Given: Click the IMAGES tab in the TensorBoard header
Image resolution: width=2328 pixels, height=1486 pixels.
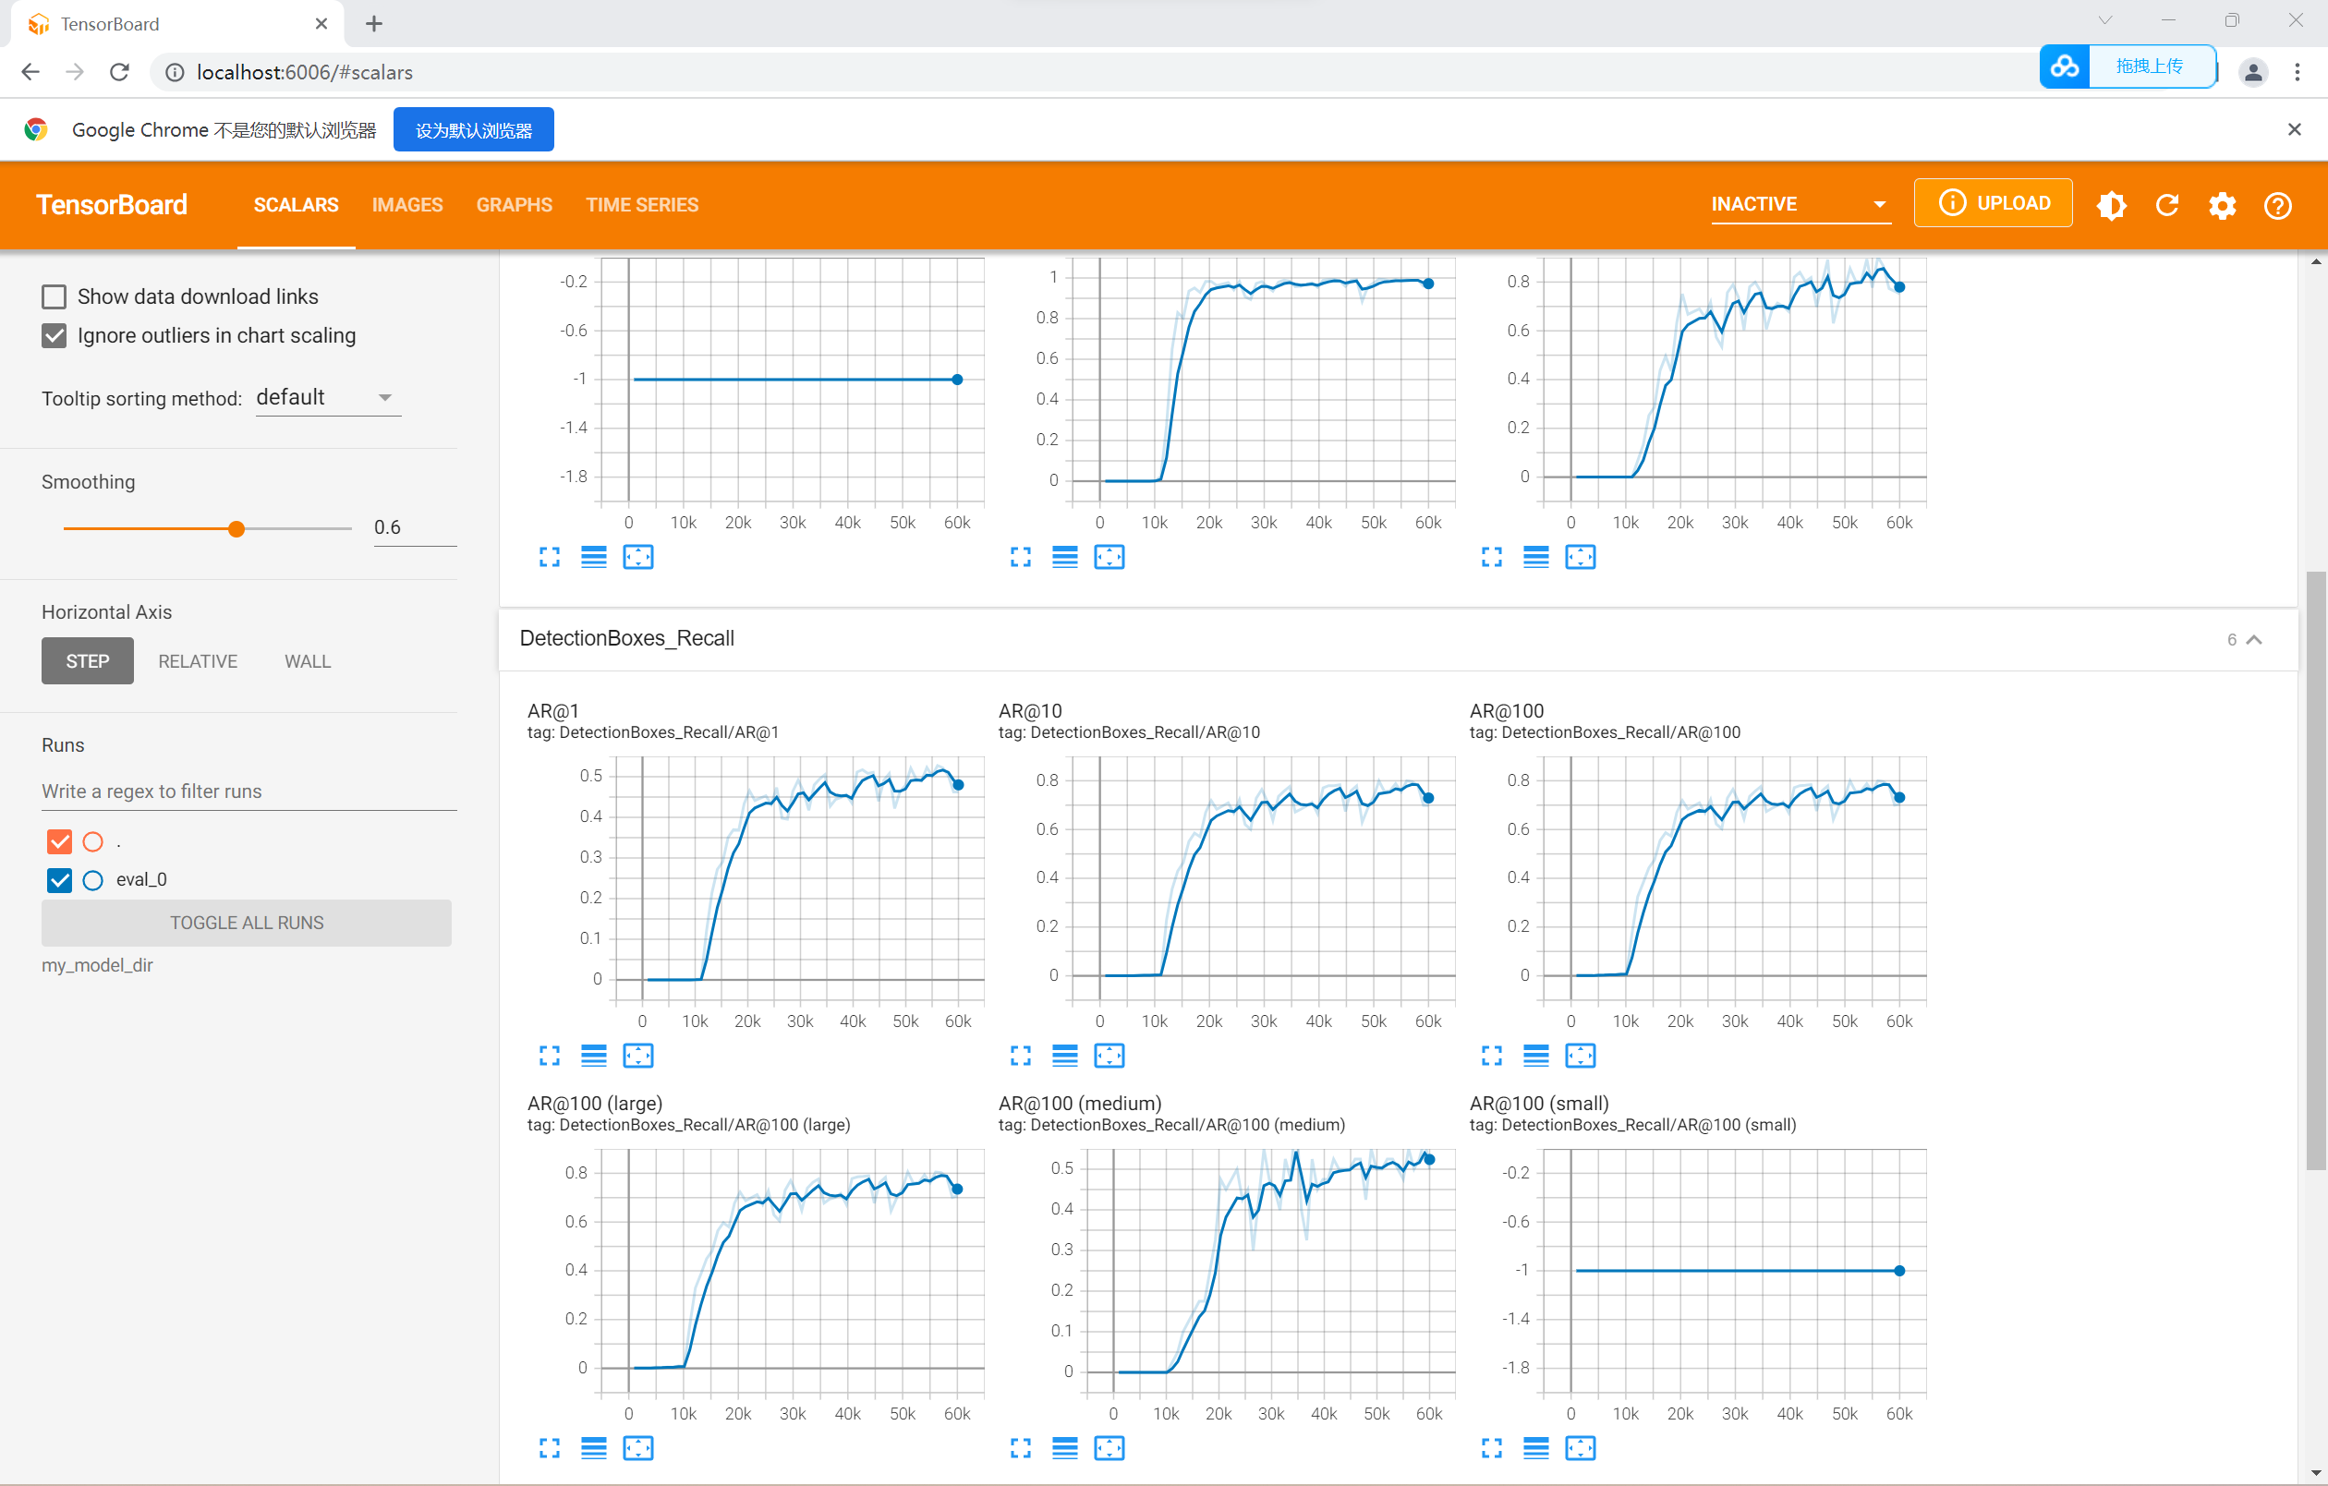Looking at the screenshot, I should click(x=407, y=205).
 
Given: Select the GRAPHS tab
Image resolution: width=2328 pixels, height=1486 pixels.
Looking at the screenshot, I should click(x=514, y=205).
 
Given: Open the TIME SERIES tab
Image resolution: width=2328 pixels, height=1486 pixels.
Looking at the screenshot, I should click(x=642, y=205).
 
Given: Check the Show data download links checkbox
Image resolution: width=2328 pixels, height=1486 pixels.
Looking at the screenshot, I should click(x=55, y=296).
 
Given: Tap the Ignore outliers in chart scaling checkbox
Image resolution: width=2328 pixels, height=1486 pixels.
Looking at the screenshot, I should click(x=55, y=335).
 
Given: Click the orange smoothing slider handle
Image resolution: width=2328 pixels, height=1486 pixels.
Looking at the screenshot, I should click(x=236, y=529).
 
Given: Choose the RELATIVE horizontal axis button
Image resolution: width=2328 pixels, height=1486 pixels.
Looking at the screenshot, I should click(x=197, y=661).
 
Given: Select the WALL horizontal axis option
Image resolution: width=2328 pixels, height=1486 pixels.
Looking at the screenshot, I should click(x=308, y=661).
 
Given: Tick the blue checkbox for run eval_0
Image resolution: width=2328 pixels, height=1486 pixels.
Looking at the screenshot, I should click(x=60, y=880).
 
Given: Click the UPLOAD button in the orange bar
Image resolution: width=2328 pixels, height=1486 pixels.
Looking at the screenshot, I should click(x=1993, y=203).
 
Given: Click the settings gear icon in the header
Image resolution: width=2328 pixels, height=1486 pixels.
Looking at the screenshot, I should click(x=2222, y=206).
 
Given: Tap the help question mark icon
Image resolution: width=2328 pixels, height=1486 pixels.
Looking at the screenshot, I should click(x=2277, y=206).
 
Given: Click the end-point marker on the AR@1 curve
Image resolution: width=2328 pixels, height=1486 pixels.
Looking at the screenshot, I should click(x=958, y=785).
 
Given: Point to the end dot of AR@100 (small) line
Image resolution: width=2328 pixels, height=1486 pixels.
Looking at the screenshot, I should click(x=1899, y=1271).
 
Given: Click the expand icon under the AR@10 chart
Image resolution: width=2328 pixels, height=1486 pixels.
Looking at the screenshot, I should click(x=1021, y=1056).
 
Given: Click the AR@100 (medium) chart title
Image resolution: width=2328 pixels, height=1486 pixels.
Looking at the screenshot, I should click(x=1080, y=1103).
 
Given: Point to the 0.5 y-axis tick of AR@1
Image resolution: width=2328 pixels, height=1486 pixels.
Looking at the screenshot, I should click(x=590, y=776).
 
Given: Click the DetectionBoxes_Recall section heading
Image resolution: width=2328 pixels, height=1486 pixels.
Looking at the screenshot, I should click(x=626, y=638).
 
